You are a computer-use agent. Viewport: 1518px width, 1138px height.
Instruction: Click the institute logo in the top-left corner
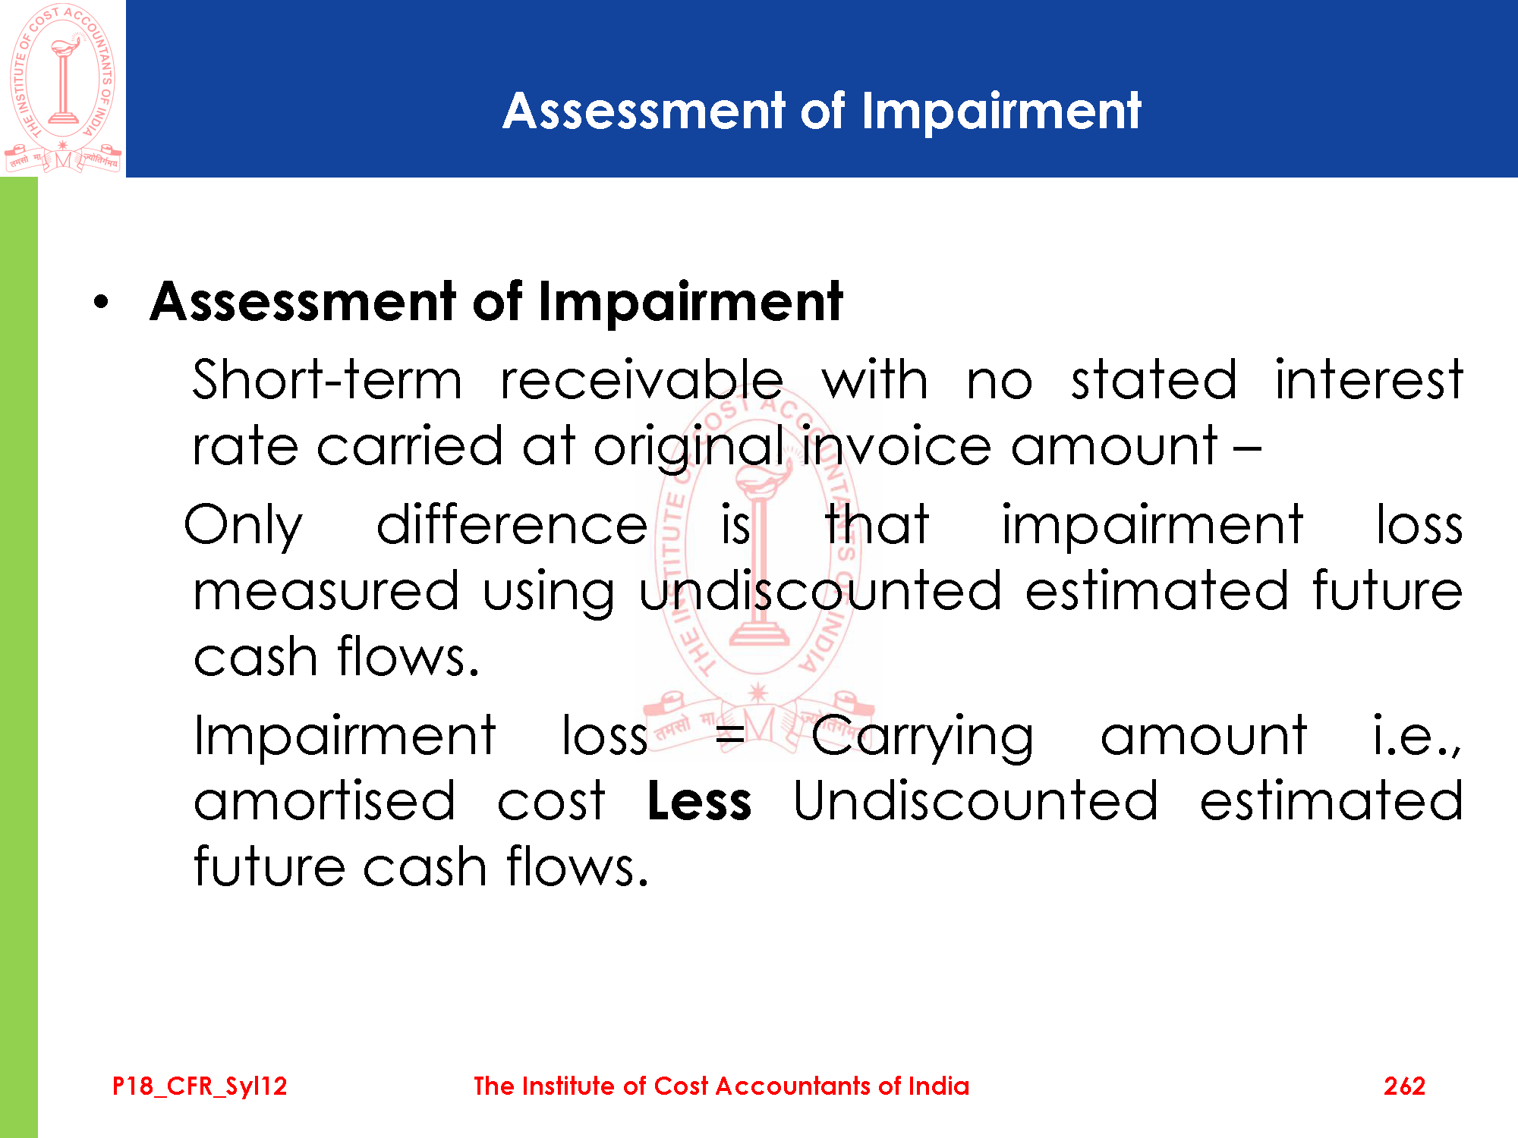pos(63,88)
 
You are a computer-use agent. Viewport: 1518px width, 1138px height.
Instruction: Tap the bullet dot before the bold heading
pos(102,303)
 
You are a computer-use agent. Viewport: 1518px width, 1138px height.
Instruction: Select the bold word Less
pos(699,801)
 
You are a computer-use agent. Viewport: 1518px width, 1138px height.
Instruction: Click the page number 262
pos(1404,1086)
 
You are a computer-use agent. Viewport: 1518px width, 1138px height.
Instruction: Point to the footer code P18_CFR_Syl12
pos(200,1086)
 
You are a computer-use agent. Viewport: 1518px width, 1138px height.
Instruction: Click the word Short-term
pos(327,379)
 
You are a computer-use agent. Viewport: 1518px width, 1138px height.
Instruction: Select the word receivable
pos(641,379)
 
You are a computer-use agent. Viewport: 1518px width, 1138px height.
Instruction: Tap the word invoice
pos(896,445)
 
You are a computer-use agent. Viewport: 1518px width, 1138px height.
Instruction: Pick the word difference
pos(512,524)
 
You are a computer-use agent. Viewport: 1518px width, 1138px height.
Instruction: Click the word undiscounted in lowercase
pos(820,590)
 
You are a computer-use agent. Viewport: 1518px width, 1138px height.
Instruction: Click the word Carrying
pos(922,737)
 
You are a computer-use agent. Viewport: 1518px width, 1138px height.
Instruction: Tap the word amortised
pos(325,801)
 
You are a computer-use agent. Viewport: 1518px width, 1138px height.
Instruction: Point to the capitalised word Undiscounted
pos(976,801)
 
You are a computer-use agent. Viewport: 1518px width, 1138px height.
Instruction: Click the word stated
pos(1154,379)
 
